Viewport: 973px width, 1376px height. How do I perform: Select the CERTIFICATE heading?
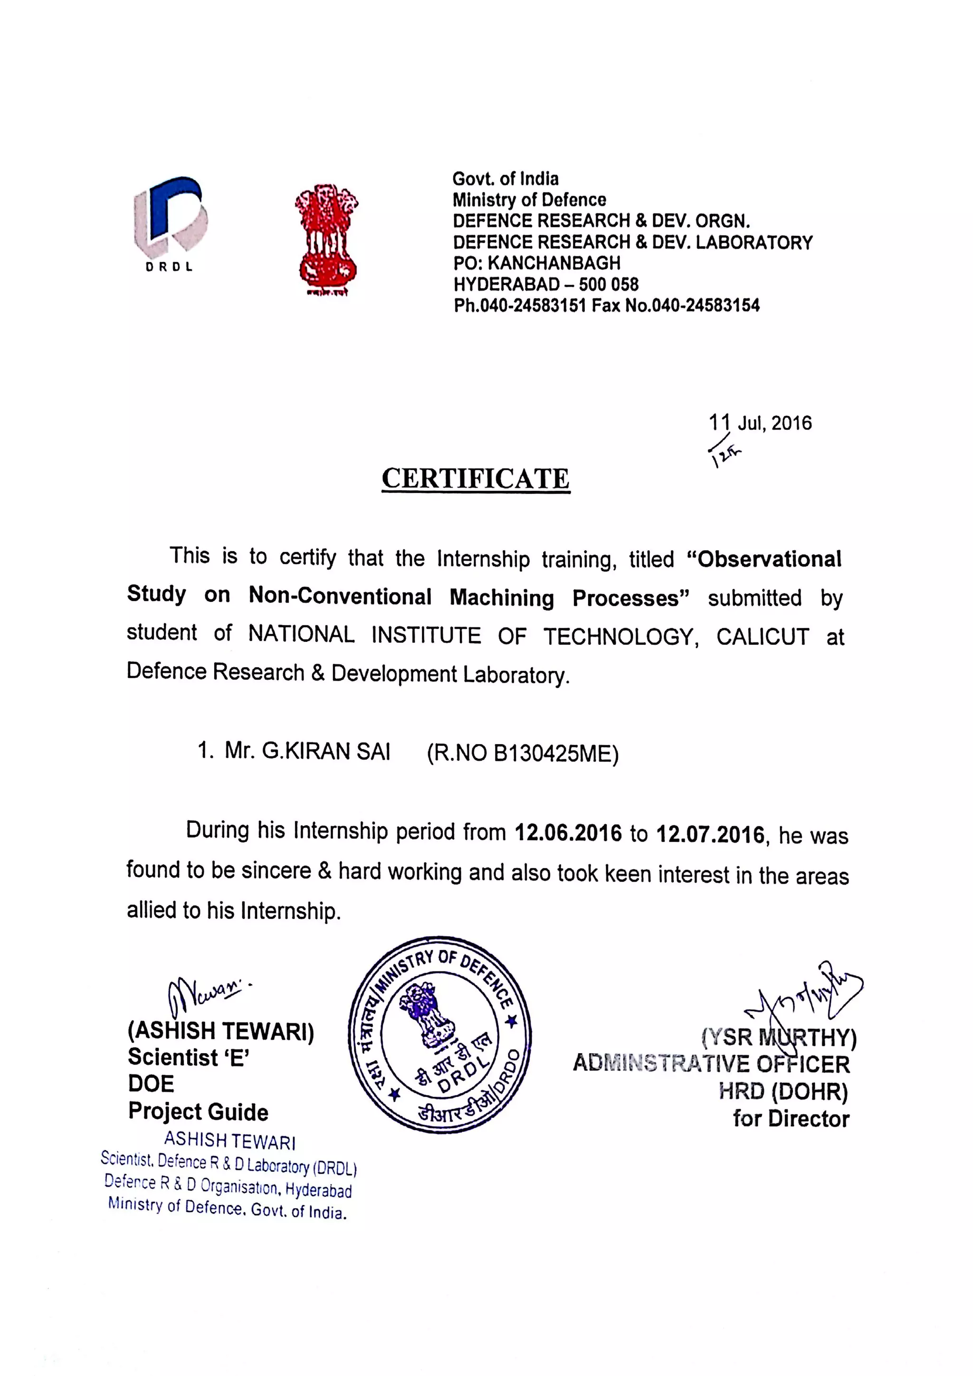tap(476, 479)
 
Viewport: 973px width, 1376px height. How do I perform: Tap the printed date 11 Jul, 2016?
tap(760, 423)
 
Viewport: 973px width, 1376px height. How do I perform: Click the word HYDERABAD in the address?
tap(506, 284)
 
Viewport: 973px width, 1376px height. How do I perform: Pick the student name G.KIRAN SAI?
tap(325, 752)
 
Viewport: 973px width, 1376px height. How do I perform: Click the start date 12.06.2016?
tap(568, 833)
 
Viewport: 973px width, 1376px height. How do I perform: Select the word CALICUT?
tap(762, 636)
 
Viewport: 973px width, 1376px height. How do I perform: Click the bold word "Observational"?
tap(769, 559)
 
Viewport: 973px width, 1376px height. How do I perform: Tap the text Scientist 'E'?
tap(188, 1058)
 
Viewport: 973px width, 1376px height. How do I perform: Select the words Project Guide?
tap(198, 1112)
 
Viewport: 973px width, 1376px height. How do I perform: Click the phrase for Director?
tap(790, 1119)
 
